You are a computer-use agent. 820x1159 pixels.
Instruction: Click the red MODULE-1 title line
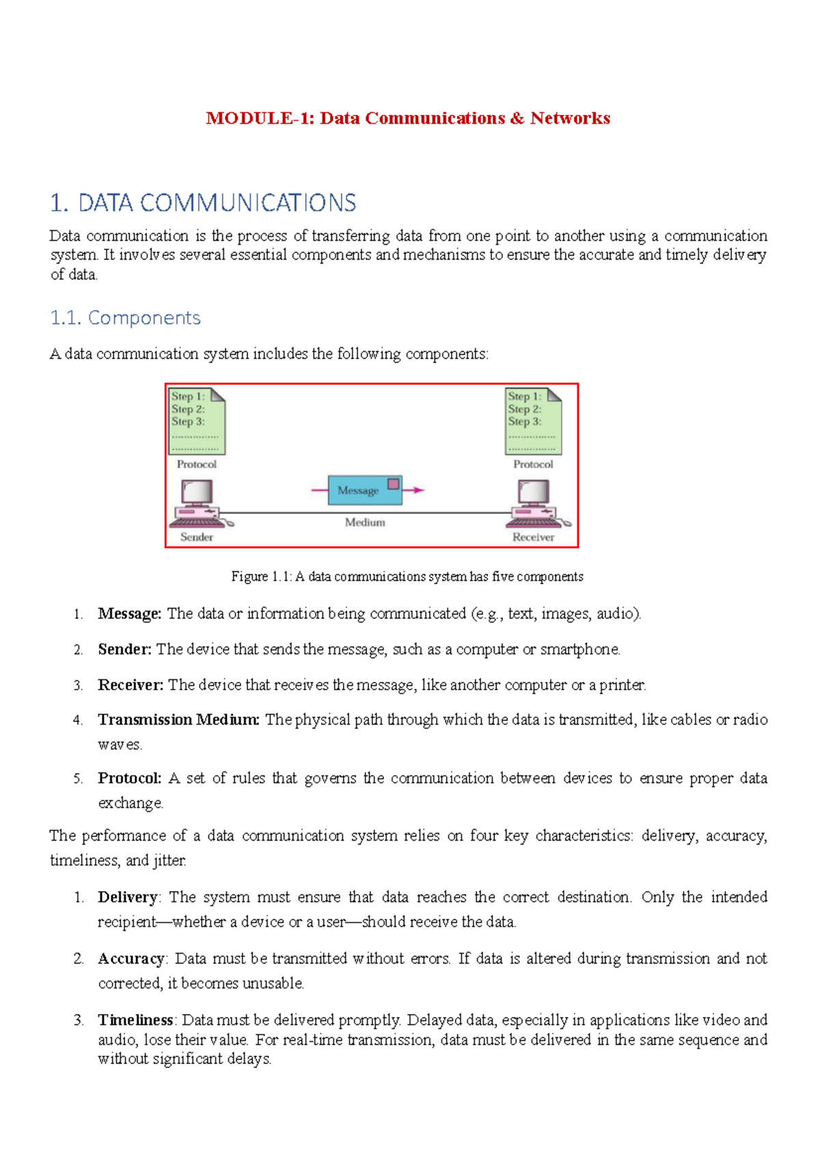tap(408, 118)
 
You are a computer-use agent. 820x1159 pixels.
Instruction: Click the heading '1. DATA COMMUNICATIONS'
tap(203, 203)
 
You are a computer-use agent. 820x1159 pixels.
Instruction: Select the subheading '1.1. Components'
tap(125, 318)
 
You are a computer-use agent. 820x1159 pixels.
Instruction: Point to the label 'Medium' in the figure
tap(365, 522)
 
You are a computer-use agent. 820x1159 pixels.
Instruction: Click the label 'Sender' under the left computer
tap(197, 537)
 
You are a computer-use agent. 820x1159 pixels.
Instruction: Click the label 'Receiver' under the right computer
tap(534, 537)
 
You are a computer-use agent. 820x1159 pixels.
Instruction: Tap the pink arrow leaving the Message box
tap(414, 490)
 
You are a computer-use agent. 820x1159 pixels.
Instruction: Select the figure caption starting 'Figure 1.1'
tap(407, 577)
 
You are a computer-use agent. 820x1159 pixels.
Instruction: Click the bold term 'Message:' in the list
tap(130, 614)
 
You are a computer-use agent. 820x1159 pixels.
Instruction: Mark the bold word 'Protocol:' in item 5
tap(130, 778)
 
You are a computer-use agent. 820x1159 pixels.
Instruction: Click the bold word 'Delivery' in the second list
tap(128, 897)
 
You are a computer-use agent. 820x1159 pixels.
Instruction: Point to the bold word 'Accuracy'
tap(131, 959)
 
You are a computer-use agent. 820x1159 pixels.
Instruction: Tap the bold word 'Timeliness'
tap(135, 1020)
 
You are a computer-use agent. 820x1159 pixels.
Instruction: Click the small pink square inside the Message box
tap(394, 484)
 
